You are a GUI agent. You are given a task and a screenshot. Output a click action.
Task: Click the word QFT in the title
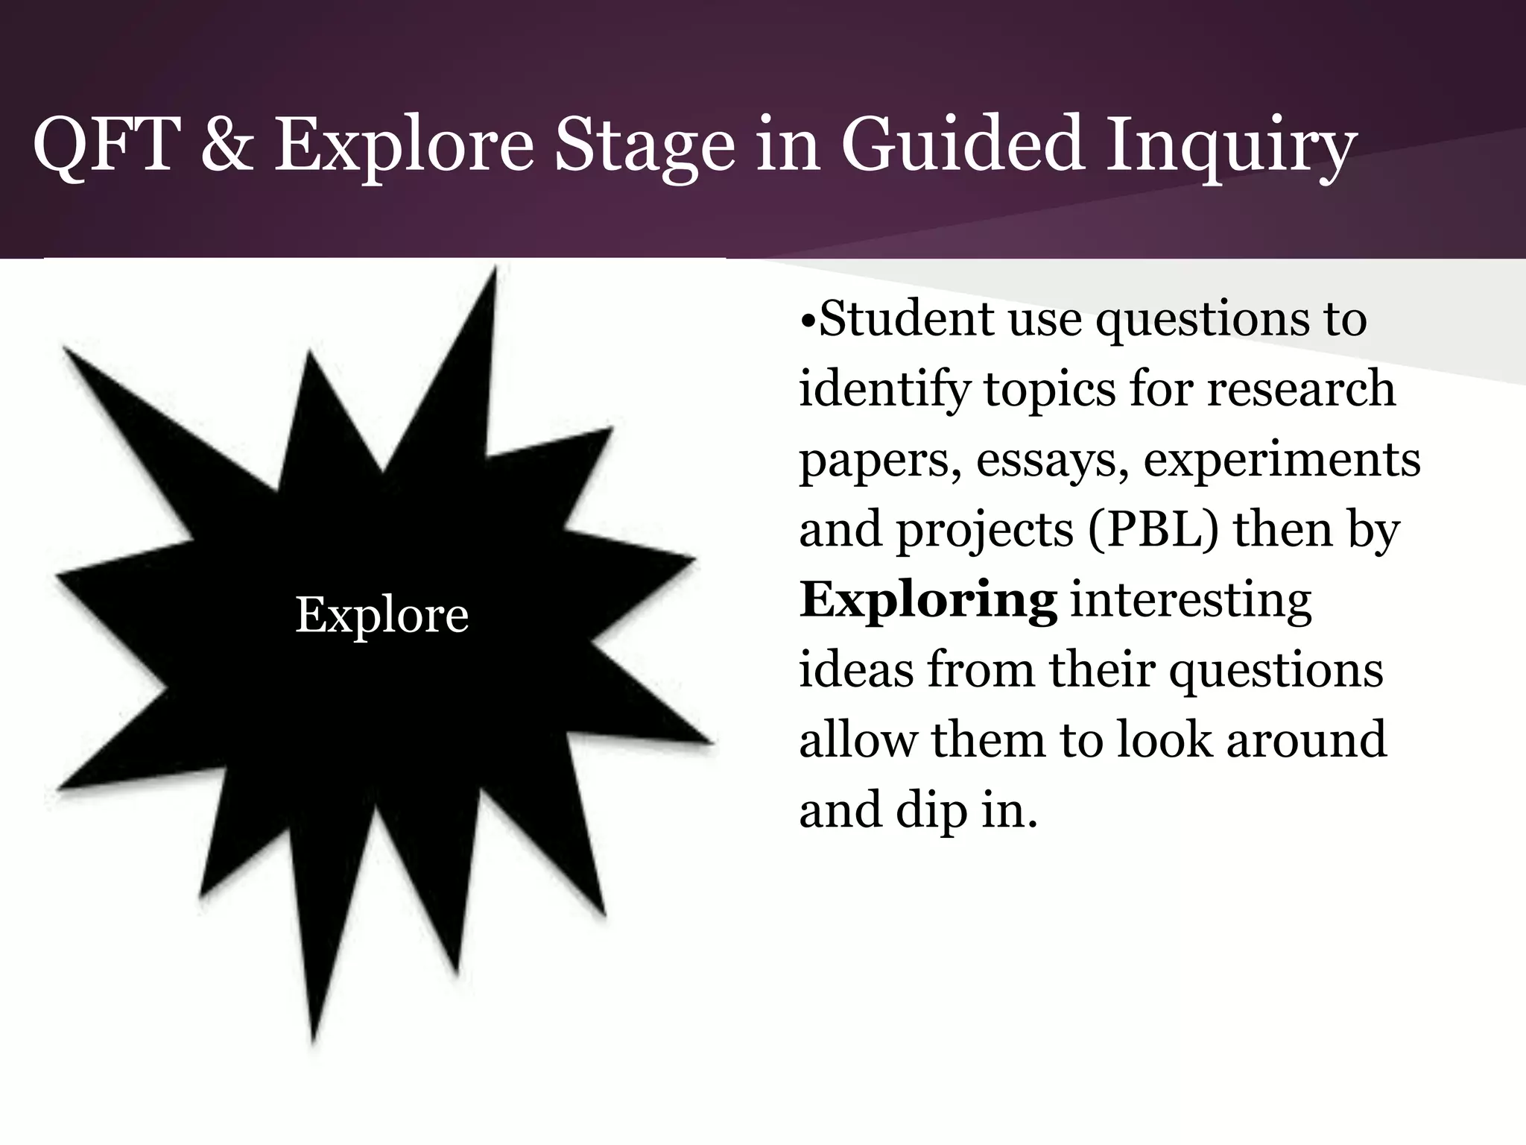104,145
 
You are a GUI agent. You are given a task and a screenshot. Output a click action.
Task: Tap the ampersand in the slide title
227,145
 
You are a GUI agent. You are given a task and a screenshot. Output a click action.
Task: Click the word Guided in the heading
961,145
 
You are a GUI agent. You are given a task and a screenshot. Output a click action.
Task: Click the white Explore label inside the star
381,616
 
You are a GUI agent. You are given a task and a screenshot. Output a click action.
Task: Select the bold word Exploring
928,601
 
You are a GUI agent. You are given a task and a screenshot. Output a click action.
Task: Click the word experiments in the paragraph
1282,461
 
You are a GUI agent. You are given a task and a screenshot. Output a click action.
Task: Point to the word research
1301,389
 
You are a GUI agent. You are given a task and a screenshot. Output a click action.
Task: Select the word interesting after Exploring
1191,601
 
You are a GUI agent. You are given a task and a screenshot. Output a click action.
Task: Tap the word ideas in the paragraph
856,669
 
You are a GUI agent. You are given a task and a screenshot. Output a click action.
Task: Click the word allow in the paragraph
858,739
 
